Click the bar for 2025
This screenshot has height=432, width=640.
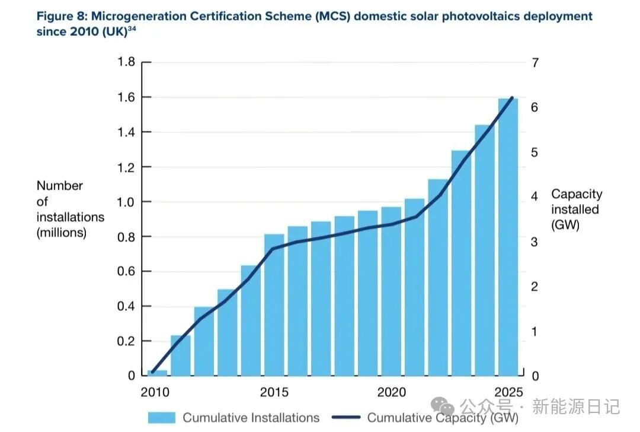(508, 237)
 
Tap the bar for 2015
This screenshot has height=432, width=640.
(274, 305)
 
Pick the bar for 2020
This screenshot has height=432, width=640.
(391, 291)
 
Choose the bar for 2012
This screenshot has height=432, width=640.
(204, 341)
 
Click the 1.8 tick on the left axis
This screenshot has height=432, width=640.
(126, 62)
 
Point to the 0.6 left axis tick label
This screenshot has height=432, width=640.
(126, 272)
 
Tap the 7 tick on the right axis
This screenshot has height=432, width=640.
(535, 62)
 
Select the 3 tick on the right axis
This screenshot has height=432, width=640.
(535, 242)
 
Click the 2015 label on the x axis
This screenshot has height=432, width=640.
(274, 392)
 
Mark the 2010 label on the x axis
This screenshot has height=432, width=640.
(155, 392)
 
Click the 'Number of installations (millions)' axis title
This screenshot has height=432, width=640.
(70, 209)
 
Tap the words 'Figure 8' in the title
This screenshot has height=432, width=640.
(62, 16)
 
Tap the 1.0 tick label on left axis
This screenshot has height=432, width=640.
(126, 202)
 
